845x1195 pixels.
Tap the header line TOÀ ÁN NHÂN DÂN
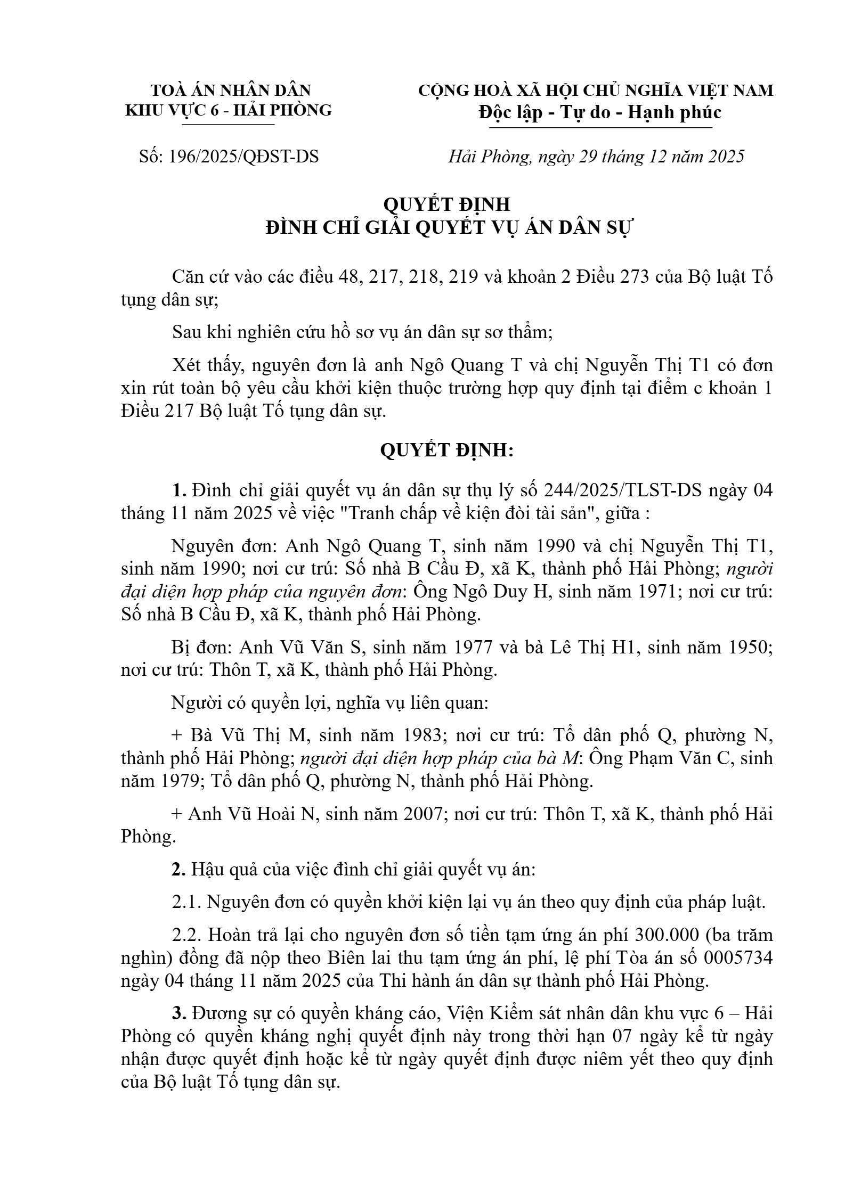point(231,90)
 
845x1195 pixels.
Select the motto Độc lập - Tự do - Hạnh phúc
point(600,112)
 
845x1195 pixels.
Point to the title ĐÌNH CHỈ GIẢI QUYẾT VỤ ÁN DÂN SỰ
point(448,227)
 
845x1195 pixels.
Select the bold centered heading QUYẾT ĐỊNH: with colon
point(446,451)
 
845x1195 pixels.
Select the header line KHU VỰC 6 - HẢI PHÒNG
point(228,110)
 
